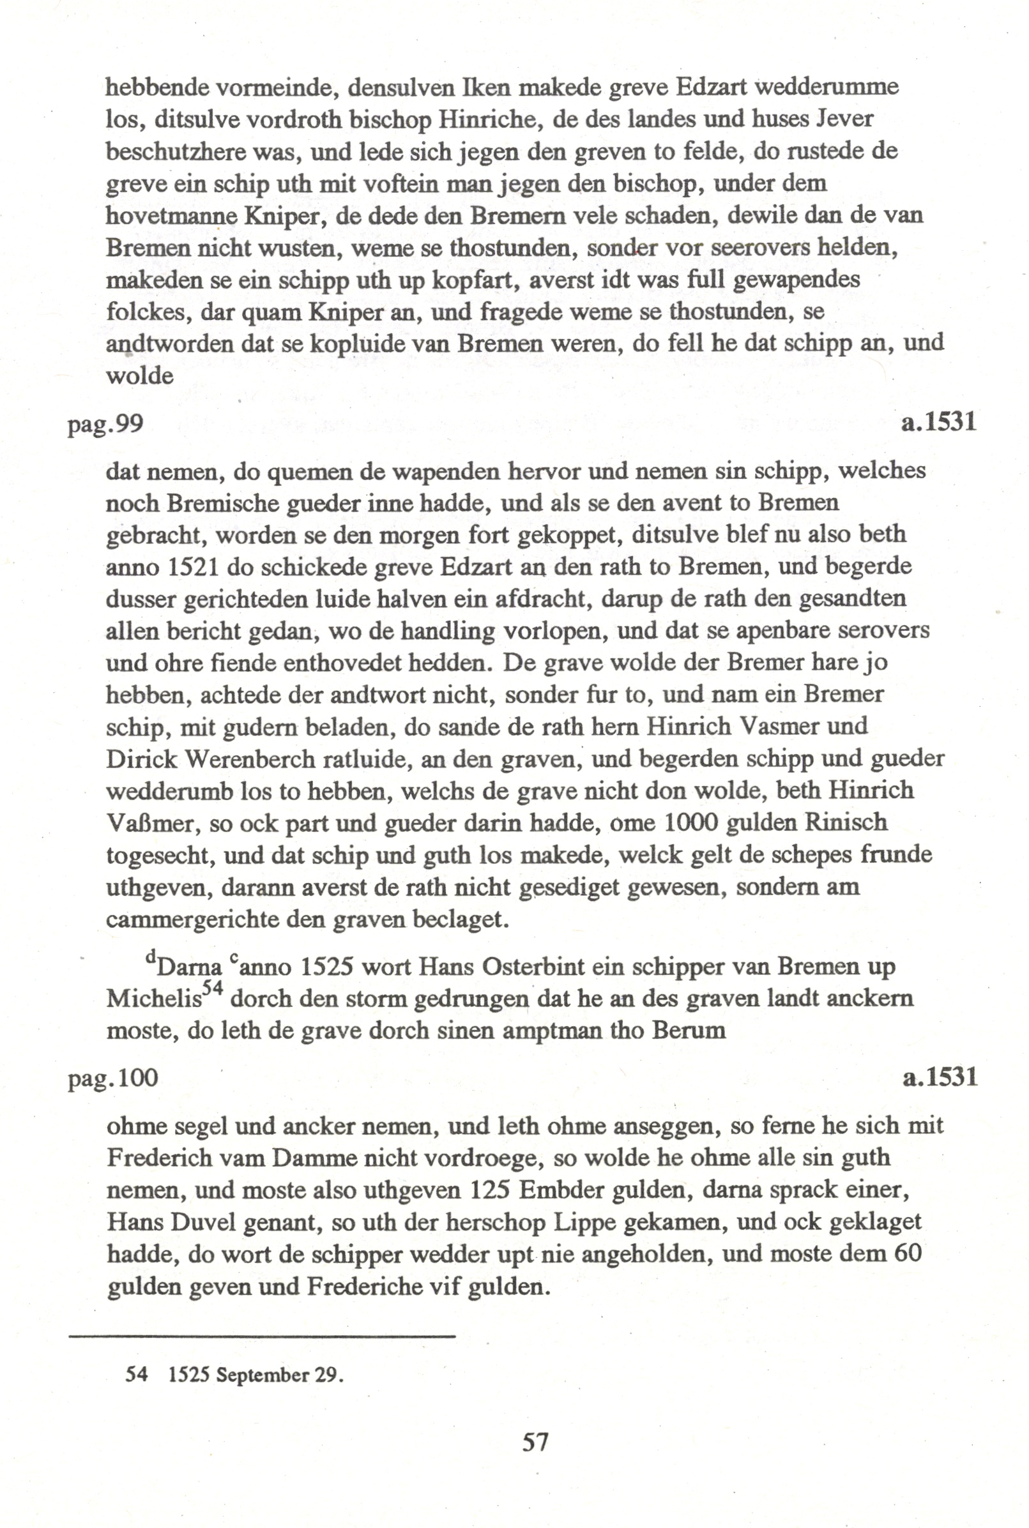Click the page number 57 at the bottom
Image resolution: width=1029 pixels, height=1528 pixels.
(x=535, y=1441)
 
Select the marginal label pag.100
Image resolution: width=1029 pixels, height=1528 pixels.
(x=113, y=1078)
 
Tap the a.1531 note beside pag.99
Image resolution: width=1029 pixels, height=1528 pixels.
(x=938, y=421)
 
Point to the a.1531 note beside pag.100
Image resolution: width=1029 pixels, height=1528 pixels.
(x=940, y=1077)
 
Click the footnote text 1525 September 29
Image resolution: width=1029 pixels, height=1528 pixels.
(x=256, y=1375)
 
